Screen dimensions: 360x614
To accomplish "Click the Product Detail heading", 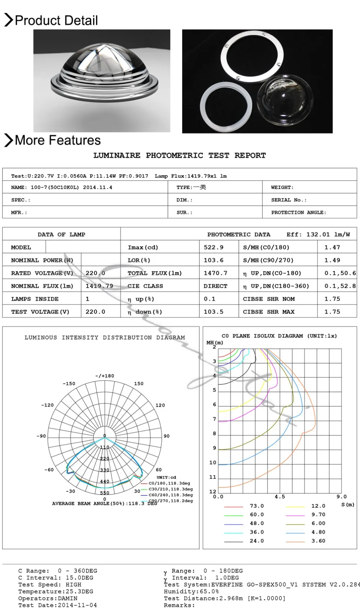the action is pos(56,21).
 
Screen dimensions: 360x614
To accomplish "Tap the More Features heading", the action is pos(58,140).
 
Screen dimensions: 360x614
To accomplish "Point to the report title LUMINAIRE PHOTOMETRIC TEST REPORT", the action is pos(179,155).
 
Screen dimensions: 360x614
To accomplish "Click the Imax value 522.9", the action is pos(213,247).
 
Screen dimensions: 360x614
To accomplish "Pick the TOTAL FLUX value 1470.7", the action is pos(215,273).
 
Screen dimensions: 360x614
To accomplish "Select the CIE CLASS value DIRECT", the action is pos(215,286).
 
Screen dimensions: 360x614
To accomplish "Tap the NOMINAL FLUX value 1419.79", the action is pos(99,286).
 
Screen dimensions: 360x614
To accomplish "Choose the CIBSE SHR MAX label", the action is pos(269,312).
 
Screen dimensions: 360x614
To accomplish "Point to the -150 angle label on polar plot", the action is pos(69,384).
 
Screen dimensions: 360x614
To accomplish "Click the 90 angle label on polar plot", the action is pos(167,436).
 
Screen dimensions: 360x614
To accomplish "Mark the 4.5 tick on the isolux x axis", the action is pos(280,497).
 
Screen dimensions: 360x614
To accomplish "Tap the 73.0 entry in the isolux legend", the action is pos(257,506).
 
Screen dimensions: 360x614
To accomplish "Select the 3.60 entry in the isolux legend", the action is pos(318,541).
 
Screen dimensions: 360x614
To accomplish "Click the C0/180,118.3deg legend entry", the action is pos(169,483).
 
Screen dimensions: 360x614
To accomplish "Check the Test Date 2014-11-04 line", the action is pos(58,605).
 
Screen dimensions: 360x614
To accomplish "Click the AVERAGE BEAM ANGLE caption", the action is pos(104,504).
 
